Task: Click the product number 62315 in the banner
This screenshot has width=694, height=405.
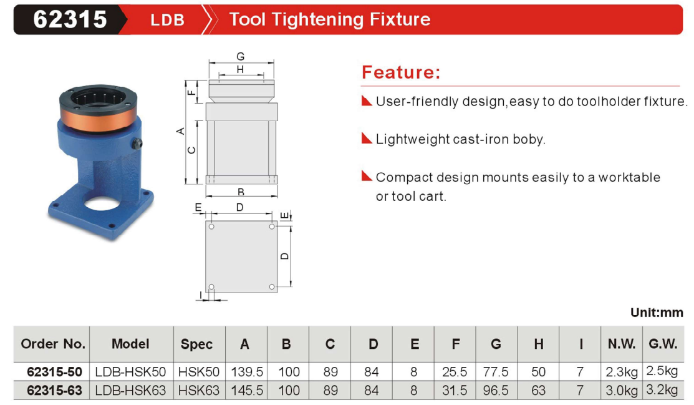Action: click(70, 19)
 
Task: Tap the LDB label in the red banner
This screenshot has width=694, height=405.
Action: click(167, 20)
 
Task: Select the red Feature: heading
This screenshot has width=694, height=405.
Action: click(400, 72)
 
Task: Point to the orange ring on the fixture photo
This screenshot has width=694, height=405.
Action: click(99, 120)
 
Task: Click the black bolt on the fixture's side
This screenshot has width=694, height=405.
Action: click(137, 144)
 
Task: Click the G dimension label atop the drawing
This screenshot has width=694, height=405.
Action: click(240, 56)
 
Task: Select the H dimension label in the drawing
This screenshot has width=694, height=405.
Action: click(240, 69)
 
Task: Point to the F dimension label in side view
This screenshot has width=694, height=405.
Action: click(191, 92)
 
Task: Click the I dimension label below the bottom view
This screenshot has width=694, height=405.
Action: click(201, 295)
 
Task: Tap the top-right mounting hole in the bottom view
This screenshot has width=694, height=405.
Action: click(272, 227)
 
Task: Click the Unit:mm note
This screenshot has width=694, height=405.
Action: click(657, 313)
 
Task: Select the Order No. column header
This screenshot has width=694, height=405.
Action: click(52, 344)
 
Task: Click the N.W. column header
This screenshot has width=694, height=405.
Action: click(621, 344)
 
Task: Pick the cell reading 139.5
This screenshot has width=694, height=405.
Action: click(247, 372)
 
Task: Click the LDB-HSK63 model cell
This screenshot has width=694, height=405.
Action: click(130, 391)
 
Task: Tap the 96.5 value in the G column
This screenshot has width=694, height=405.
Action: click(496, 391)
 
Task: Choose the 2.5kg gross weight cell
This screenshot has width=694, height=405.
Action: click(662, 371)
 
